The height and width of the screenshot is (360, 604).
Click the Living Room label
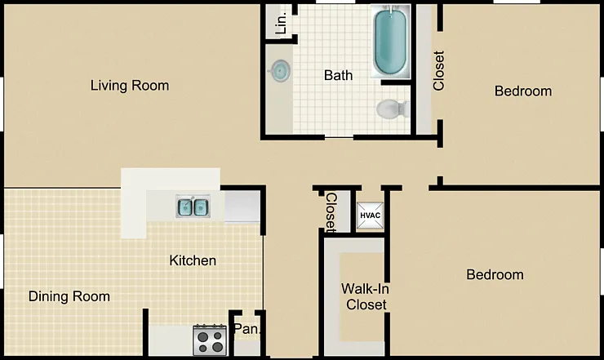(x=130, y=86)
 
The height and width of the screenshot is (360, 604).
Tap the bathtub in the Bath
(x=390, y=42)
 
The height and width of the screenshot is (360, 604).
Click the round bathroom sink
(x=279, y=70)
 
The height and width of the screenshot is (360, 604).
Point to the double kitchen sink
(x=193, y=207)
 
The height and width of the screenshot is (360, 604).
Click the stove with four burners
(x=210, y=340)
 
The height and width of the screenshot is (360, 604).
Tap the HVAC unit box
(x=370, y=216)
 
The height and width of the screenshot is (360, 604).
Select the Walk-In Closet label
(x=365, y=296)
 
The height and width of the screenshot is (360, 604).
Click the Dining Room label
(x=69, y=296)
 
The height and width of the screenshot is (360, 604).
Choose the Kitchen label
(x=193, y=260)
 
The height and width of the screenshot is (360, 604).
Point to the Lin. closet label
(x=282, y=22)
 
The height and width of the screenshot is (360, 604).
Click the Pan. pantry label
(x=247, y=329)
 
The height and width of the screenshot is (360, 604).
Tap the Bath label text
(x=338, y=75)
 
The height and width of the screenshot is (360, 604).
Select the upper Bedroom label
(x=523, y=91)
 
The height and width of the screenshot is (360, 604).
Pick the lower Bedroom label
(x=495, y=275)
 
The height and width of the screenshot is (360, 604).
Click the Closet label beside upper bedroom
(x=439, y=70)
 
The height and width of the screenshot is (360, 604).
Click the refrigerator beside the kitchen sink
(x=242, y=207)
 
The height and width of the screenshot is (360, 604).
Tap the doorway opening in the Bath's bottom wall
(x=339, y=137)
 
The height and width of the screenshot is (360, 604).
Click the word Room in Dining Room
(x=91, y=296)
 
